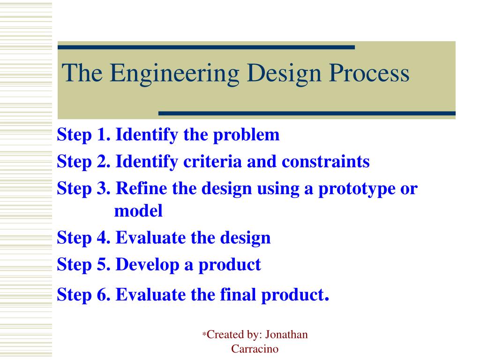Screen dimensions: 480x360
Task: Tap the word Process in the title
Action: point(369,73)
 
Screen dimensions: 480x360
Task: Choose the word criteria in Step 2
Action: point(212,161)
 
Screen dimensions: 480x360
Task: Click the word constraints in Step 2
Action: point(325,161)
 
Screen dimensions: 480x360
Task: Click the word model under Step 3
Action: point(138,210)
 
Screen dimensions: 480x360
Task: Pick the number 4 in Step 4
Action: point(104,237)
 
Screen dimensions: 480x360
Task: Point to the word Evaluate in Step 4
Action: point(150,237)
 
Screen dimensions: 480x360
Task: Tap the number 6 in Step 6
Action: point(104,294)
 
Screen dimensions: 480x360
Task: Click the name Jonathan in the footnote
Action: point(286,334)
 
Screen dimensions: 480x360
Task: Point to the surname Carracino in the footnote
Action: point(255,349)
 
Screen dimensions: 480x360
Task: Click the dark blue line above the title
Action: point(206,47)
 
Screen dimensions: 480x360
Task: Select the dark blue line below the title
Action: point(307,113)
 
